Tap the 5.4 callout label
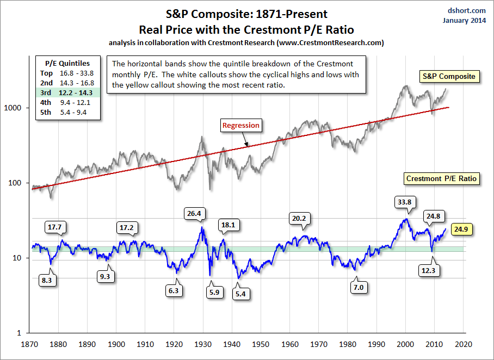(x=239, y=294)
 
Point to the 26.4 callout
(x=193, y=214)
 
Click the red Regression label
(x=240, y=126)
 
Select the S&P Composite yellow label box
(x=449, y=77)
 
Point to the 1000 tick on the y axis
(x=19, y=108)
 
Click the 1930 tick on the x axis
(x=203, y=344)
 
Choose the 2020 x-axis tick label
(x=464, y=344)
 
